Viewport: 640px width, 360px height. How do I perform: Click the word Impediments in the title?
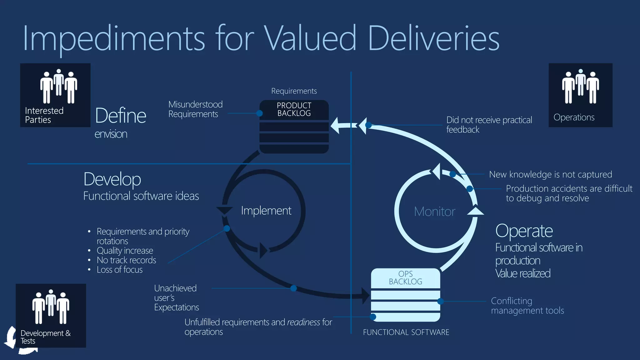click(114, 38)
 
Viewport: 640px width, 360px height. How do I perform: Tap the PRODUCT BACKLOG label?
click(294, 109)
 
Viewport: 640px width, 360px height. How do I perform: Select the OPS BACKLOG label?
click(405, 278)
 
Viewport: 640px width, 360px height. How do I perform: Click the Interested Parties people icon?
click(58, 86)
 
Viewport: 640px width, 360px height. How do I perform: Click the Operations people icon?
click(580, 86)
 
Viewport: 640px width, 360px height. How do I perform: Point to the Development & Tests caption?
click(45, 337)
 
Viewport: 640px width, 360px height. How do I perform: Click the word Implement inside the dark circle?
click(266, 211)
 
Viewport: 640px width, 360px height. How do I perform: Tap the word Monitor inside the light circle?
click(434, 212)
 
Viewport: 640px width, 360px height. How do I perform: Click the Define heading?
click(120, 116)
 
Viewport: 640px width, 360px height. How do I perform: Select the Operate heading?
click(524, 231)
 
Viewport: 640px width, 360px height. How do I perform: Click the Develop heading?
click(112, 179)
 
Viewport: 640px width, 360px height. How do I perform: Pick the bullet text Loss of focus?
click(119, 270)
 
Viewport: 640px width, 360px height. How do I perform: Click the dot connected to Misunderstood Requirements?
click(259, 113)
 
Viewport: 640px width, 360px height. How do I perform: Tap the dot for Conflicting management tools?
click(440, 301)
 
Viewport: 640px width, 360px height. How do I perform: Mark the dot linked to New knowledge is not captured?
click(452, 174)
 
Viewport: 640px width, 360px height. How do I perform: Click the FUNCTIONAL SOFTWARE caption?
click(406, 332)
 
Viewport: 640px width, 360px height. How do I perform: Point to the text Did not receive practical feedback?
click(489, 125)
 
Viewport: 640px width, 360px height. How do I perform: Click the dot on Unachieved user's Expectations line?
click(293, 288)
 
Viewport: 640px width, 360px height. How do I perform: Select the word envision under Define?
click(111, 134)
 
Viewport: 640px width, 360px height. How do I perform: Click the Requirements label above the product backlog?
click(294, 91)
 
